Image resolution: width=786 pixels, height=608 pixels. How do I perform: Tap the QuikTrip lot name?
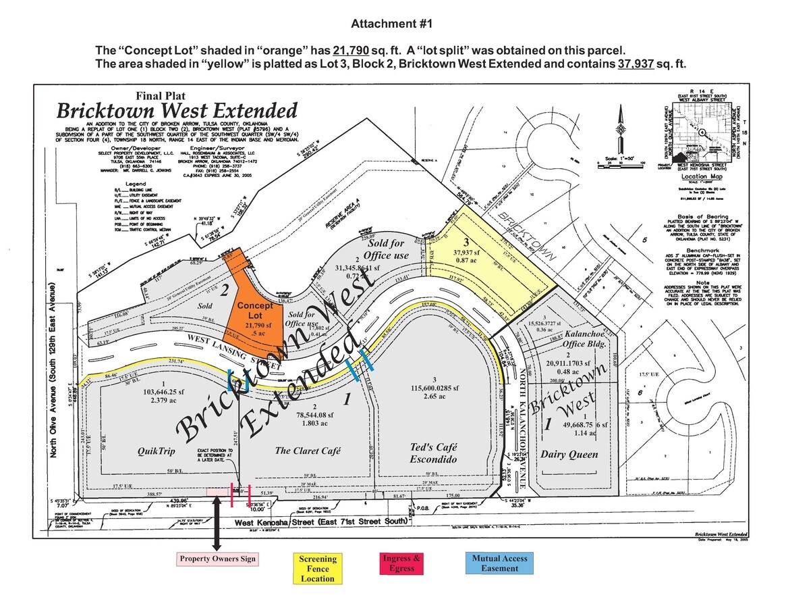tap(155, 451)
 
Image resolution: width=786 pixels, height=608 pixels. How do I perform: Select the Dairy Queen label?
tap(569, 455)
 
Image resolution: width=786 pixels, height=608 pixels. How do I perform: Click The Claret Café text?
tap(308, 451)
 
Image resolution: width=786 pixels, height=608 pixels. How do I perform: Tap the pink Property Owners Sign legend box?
tap(218, 559)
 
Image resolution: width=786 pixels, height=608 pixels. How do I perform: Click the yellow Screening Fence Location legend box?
tap(318, 568)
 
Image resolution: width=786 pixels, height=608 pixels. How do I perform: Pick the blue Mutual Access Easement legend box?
tap(500, 563)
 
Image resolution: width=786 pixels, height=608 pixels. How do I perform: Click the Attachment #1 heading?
tap(391, 24)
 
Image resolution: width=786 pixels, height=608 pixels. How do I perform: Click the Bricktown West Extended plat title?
tap(177, 110)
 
